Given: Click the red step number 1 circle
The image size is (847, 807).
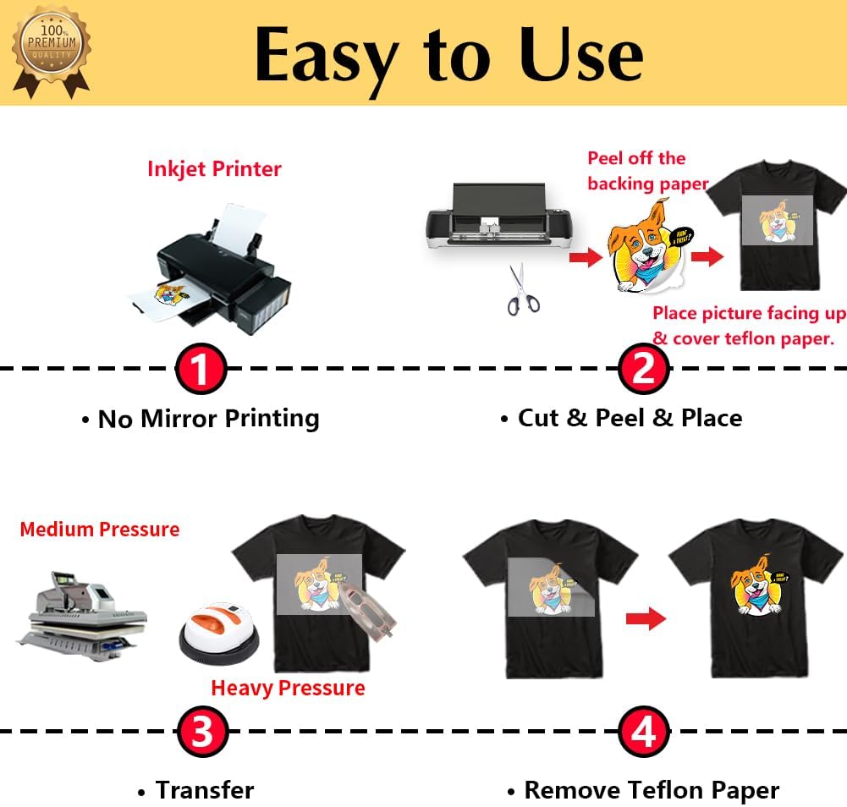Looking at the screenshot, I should (201, 369).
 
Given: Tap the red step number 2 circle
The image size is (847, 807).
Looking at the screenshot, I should (643, 369).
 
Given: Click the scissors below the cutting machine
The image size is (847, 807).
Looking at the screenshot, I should (523, 290).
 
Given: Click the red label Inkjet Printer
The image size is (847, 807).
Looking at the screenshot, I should (214, 168).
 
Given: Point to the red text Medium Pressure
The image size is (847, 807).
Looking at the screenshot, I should (100, 530).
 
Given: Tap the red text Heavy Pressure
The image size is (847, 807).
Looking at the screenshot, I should (288, 688).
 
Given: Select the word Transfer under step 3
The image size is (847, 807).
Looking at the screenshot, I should (204, 790).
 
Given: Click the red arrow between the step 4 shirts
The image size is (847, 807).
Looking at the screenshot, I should (646, 619).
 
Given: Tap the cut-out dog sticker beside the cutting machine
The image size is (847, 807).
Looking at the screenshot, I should (643, 253).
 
